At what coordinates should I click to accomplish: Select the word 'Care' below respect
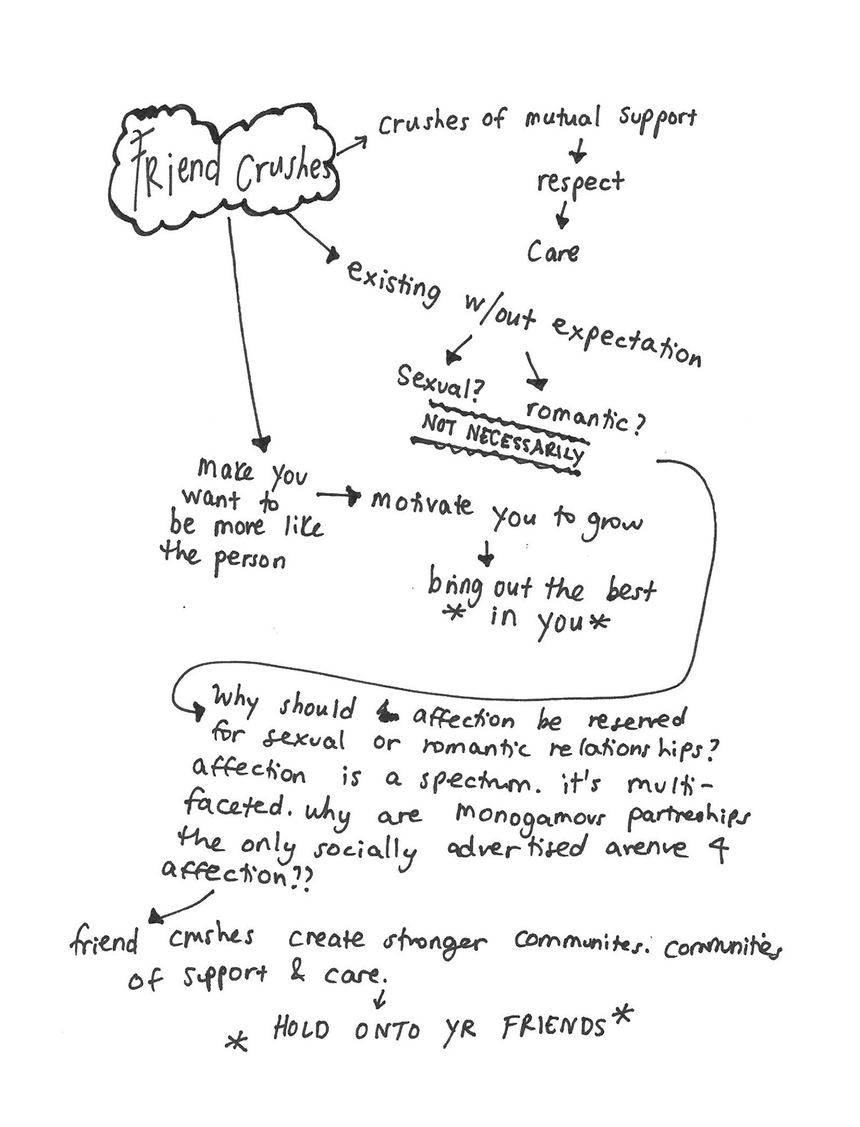[x=553, y=251]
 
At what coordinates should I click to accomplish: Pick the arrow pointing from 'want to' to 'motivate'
[x=338, y=495]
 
